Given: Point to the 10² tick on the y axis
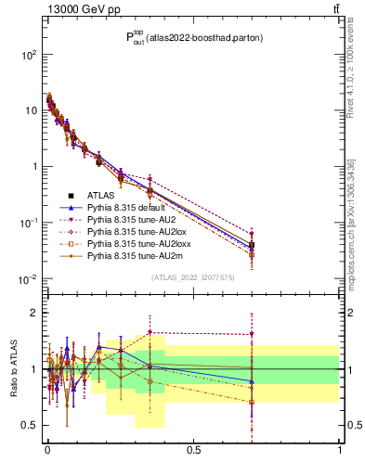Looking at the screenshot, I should pyautogui.click(x=30, y=55).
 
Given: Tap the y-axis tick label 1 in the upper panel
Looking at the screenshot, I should pyautogui.click(x=34, y=167).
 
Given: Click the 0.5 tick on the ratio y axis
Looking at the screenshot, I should pyautogui.click(x=31, y=426).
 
